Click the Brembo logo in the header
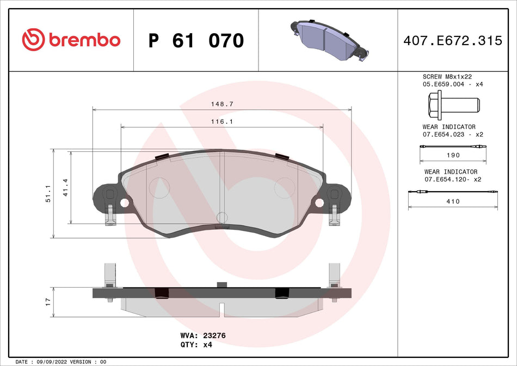[x=71, y=40]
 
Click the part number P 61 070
[x=196, y=40]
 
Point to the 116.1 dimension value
[x=221, y=121]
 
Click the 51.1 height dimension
[x=47, y=193]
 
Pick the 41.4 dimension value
[x=65, y=187]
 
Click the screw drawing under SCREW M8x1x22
[x=453, y=104]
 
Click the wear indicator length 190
[x=453, y=155]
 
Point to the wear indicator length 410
[x=453, y=201]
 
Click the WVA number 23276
[x=214, y=336]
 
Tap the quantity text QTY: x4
[x=195, y=345]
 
